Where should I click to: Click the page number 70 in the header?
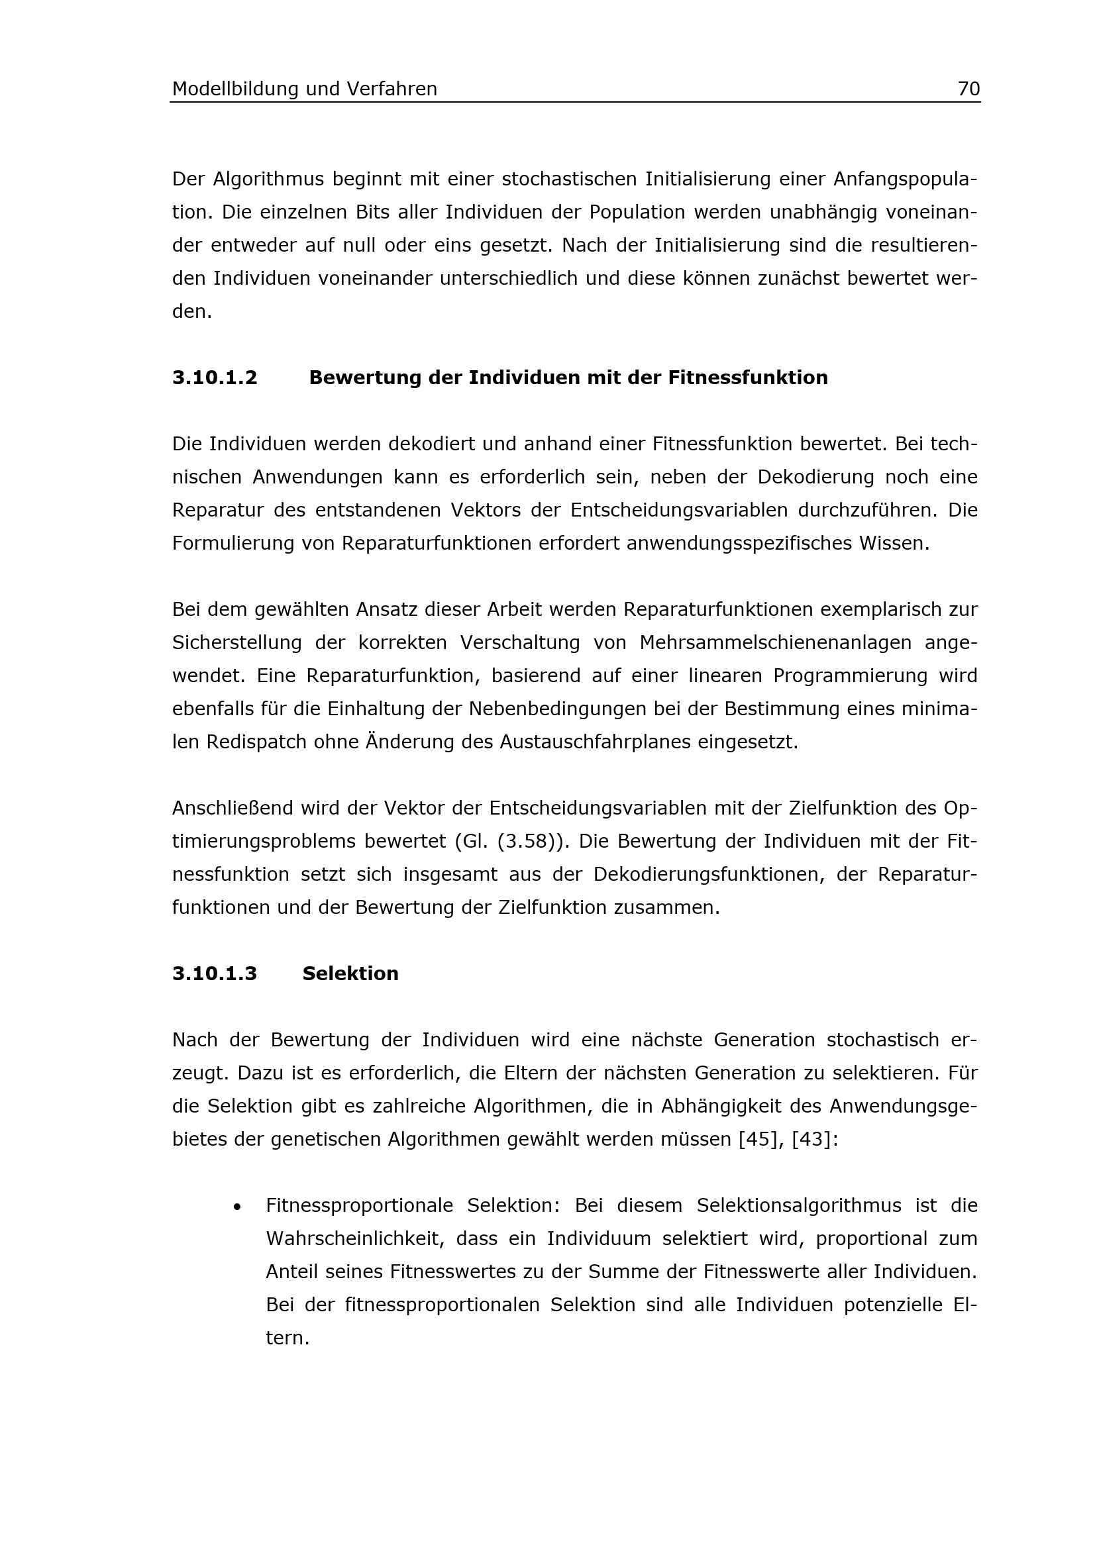pyautogui.click(x=968, y=89)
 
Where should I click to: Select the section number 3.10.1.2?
pyautogui.click(x=215, y=377)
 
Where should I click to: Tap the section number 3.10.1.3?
pyautogui.click(x=215, y=974)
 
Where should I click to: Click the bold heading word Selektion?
pyautogui.click(x=350, y=974)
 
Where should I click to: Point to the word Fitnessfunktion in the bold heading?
pyautogui.click(x=747, y=377)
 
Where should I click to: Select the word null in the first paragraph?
pyautogui.click(x=359, y=246)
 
